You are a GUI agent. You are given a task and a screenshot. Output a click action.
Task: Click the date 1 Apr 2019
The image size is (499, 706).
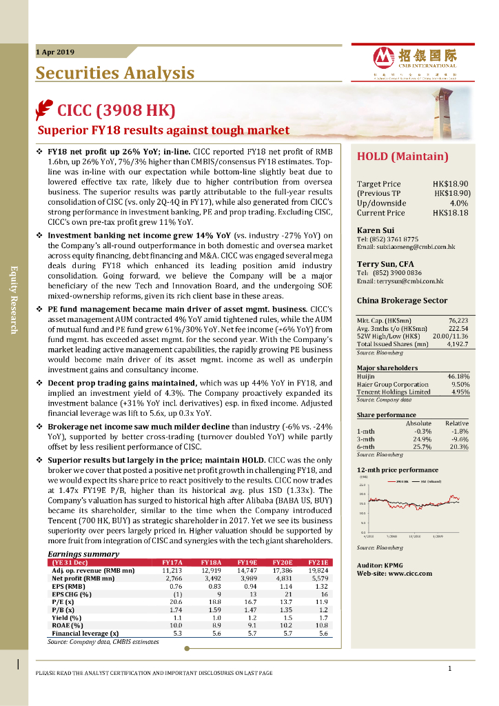point(54,52)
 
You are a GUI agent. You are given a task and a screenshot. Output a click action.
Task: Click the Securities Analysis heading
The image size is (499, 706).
point(114,73)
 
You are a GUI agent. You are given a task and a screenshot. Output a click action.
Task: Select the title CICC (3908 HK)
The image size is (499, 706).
point(116,110)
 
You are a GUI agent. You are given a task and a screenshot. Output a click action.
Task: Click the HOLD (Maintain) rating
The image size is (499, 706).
point(403,157)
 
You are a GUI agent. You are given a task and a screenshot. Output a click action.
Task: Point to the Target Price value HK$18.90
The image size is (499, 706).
point(451,184)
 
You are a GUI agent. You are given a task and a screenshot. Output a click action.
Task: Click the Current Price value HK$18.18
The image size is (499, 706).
point(451,213)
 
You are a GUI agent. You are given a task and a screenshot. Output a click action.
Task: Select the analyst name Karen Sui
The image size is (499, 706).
point(375,230)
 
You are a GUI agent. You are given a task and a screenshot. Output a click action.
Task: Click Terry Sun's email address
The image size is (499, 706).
point(400,281)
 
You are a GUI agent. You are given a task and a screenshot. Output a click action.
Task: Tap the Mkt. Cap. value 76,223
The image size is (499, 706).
point(458,321)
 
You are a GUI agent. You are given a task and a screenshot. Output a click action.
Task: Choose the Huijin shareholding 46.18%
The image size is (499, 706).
point(458,376)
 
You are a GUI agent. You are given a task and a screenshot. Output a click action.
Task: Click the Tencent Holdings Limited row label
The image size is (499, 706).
point(393,392)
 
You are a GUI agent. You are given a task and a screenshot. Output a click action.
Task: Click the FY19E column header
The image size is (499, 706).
point(247,563)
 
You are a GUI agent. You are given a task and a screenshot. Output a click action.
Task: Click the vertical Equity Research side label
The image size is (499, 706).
point(13,299)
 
